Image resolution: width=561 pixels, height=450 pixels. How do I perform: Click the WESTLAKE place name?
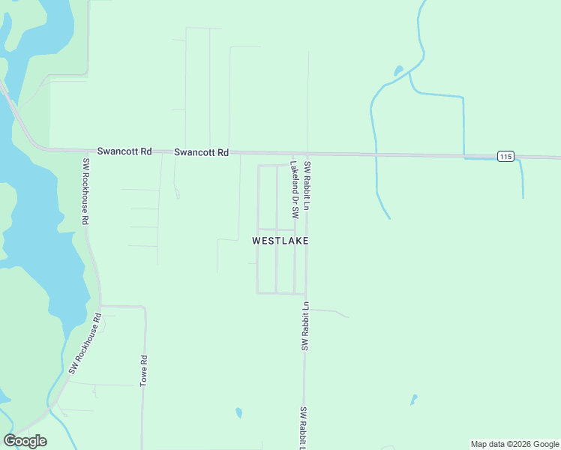(x=280, y=241)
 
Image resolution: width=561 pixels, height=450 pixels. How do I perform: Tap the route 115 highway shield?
(x=505, y=156)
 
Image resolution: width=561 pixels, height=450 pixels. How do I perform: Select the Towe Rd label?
(x=142, y=370)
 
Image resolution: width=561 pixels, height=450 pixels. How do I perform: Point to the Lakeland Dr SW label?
(x=295, y=190)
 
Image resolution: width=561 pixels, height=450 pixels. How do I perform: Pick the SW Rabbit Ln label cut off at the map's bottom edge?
(x=304, y=427)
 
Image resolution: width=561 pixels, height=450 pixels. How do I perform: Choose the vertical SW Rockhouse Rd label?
(x=86, y=192)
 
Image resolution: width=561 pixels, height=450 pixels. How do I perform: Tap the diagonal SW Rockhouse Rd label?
(x=85, y=344)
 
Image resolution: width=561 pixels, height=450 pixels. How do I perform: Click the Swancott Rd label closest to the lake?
(x=124, y=151)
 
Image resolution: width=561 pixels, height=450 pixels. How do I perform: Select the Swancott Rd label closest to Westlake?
(x=201, y=152)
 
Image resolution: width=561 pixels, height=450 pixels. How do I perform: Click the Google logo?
(x=25, y=441)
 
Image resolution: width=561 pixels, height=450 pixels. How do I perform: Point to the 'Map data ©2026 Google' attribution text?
(x=514, y=444)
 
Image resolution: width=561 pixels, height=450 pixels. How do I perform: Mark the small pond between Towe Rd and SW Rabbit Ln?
(x=238, y=412)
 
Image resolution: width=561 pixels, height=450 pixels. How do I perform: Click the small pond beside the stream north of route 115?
(x=398, y=71)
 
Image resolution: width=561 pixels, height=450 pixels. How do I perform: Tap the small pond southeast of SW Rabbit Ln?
(x=413, y=400)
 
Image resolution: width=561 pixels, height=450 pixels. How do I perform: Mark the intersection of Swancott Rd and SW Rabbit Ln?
(x=306, y=154)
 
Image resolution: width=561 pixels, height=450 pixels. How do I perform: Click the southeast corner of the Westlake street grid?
(x=305, y=293)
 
